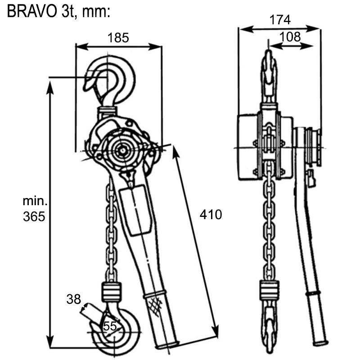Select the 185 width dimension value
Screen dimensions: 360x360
(x=118, y=38)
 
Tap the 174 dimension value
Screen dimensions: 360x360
(x=280, y=20)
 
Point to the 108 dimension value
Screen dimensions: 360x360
(x=290, y=37)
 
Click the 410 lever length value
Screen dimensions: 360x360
(x=211, y=215)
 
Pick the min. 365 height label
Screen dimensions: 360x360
(x=34, y=209)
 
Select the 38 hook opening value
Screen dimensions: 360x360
(x=74, y=298)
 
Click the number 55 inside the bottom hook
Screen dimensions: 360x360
(x=110, y=326)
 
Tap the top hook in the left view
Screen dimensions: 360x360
(x=112, y=81)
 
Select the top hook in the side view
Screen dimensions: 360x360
(x=268, y=72)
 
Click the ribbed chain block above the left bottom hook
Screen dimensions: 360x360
(x=112, y=292)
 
